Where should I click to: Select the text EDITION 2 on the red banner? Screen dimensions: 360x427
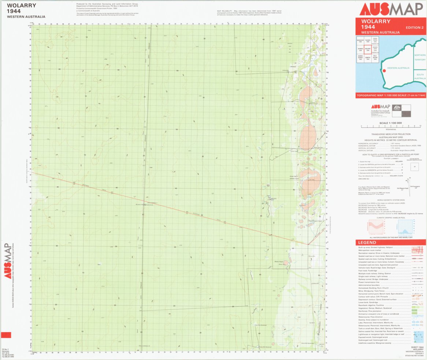coord(414,28)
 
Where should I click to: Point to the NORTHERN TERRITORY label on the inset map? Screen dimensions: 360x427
coord(420,57)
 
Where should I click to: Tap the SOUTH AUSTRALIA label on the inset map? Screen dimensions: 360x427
coord(420,76)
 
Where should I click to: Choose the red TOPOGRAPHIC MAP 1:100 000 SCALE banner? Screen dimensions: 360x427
coord(391,96)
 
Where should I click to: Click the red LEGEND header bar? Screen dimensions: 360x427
coord(391,243)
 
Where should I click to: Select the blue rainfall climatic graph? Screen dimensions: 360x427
coord(405,227)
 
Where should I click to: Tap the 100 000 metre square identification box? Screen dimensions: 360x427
coord(415,166)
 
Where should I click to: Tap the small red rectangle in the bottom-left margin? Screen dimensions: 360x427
coord(6,335)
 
